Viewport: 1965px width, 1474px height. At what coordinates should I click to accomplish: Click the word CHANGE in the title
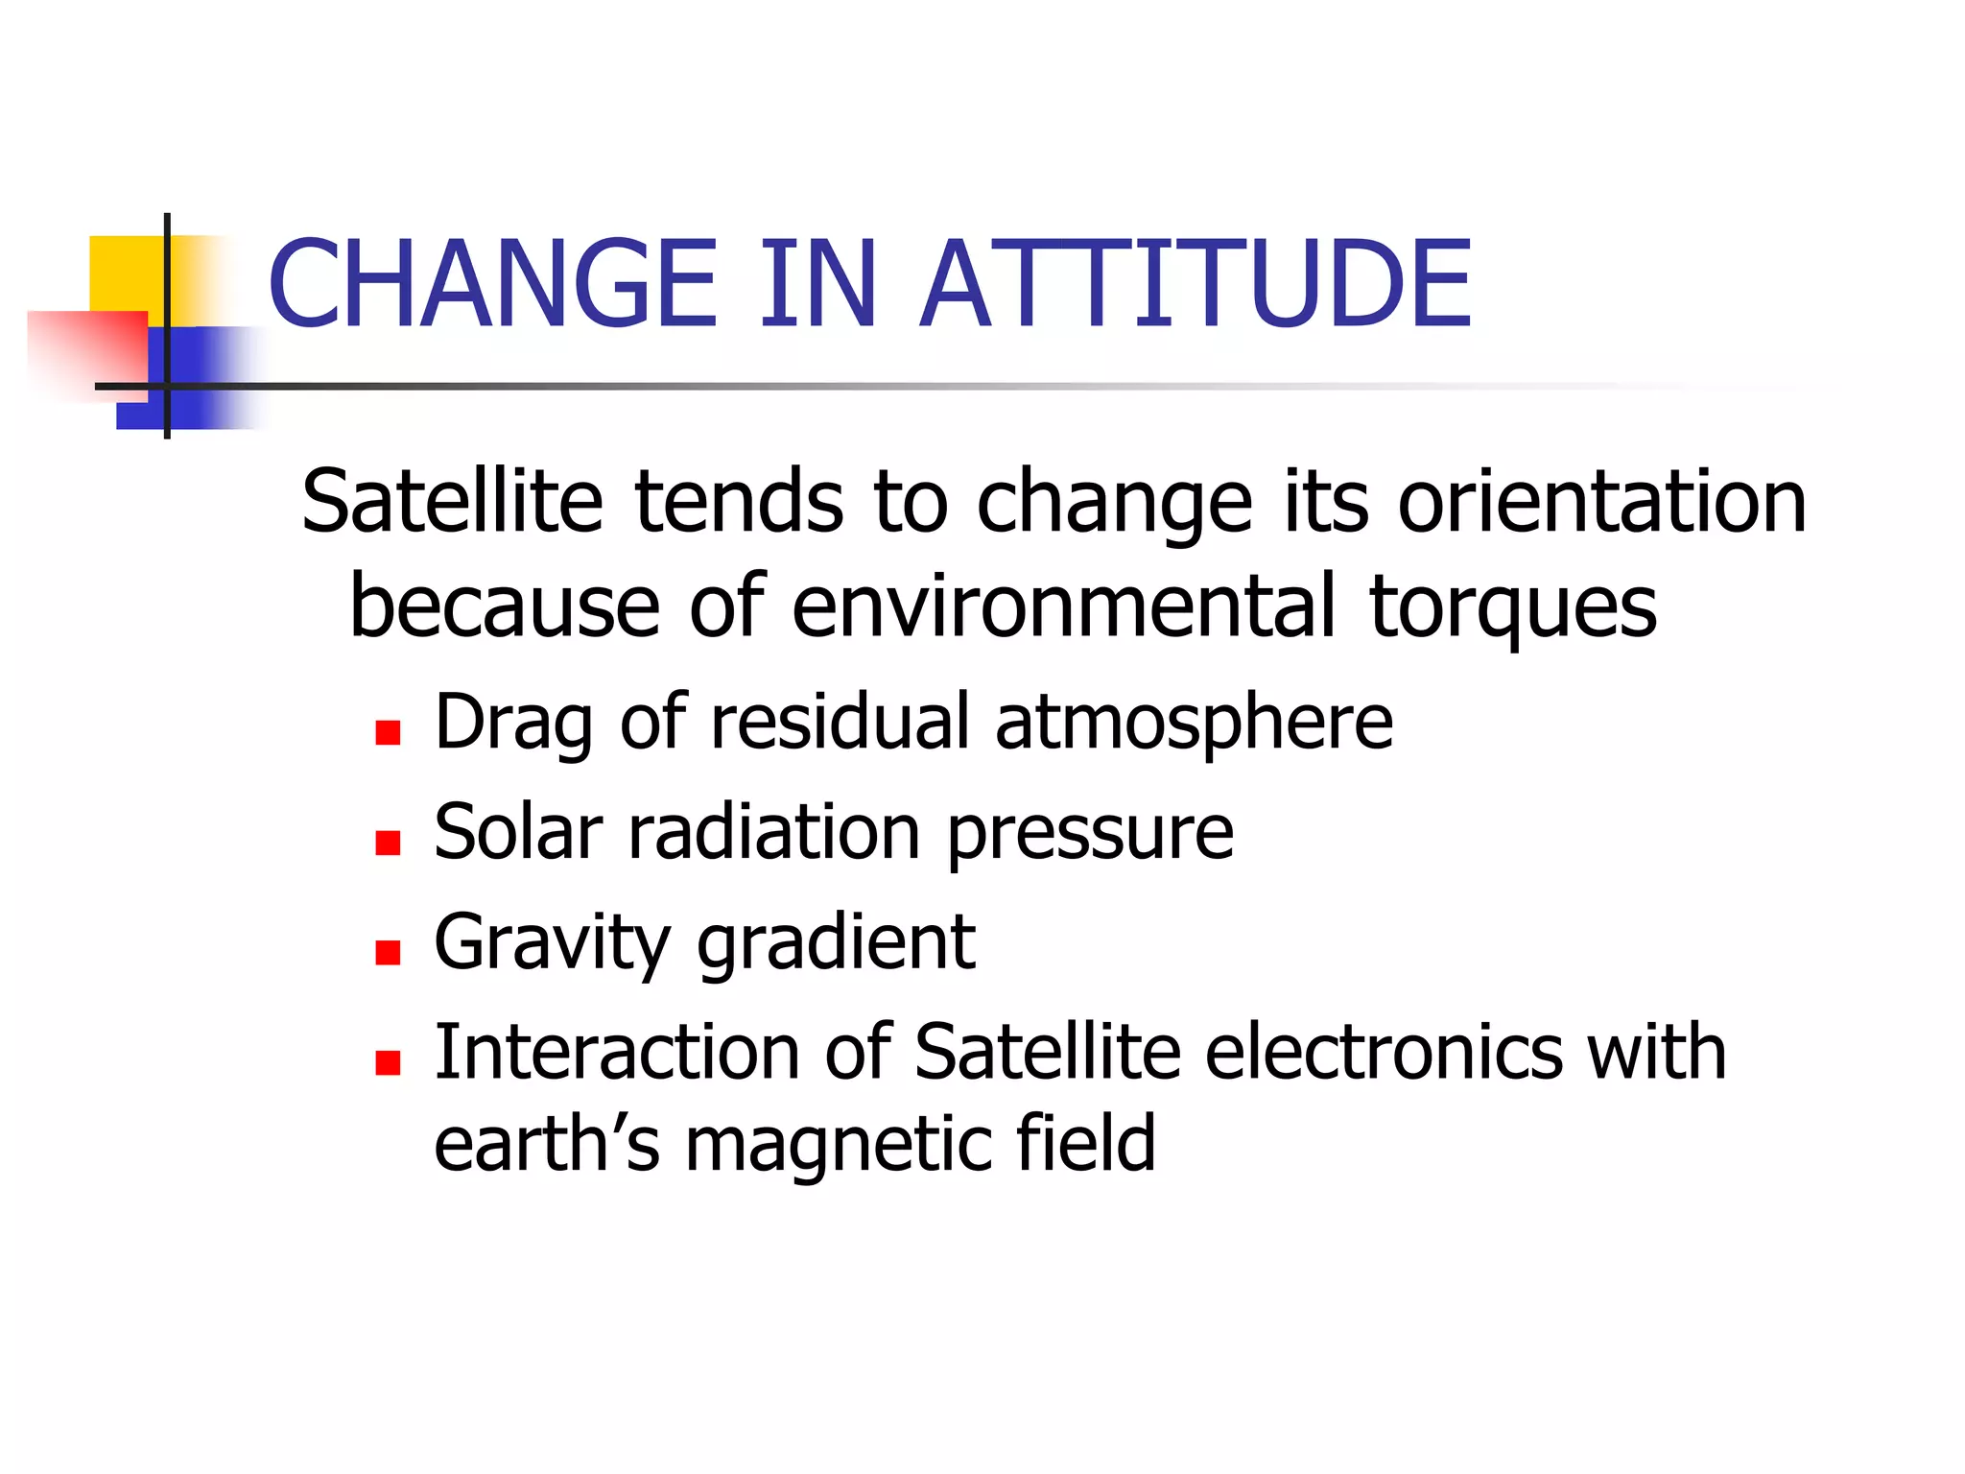coord(492,284)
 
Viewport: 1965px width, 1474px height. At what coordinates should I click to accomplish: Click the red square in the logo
coord(86,350)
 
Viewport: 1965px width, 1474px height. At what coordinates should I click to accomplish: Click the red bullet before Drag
coord(388,733)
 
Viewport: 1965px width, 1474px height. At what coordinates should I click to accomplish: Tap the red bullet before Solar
coord(388,843)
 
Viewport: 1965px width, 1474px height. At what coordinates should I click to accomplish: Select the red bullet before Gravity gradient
coord(388,952)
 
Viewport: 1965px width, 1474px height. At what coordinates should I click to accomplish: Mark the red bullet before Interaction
coord(388,1062)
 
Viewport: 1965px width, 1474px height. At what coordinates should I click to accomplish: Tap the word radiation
coord(774,832)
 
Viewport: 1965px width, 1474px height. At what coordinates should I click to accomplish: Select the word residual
coord(840,722)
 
